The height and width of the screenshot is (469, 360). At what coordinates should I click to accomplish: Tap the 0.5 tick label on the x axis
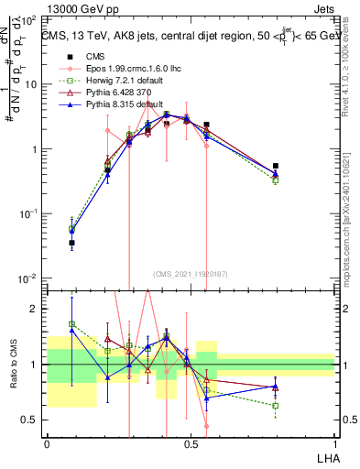[x=191, y=443]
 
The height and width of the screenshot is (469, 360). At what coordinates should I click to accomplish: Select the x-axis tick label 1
[x=334, y=443]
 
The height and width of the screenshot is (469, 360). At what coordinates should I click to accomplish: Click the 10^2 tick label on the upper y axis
[x=28, y=19]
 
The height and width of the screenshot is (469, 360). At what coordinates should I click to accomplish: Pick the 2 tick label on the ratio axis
[x=34, y=309]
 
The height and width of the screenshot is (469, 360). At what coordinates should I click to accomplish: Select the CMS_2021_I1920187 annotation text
[x=191, y=273]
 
